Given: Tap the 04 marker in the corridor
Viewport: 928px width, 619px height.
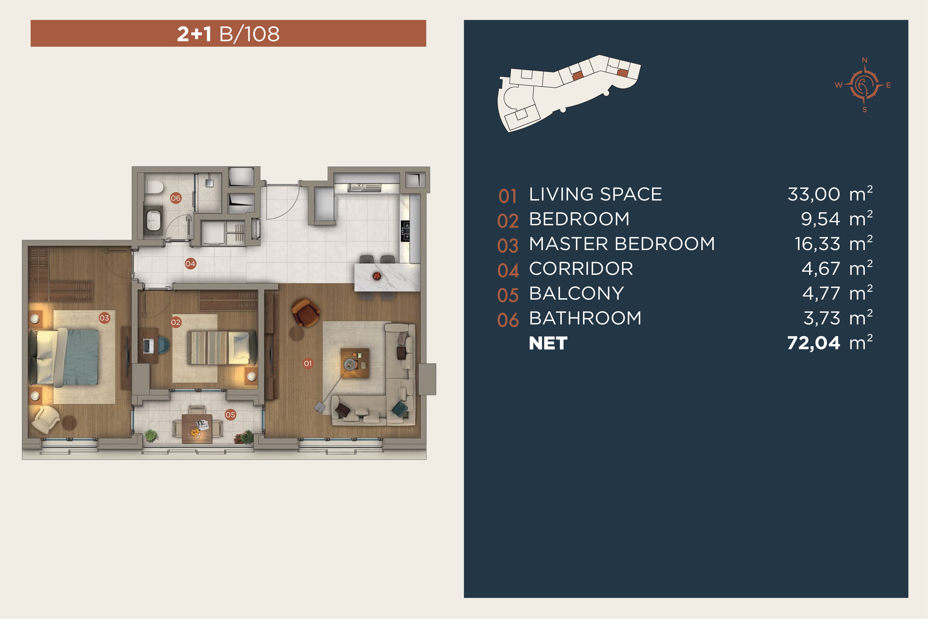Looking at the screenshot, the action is click(x=190, y=263).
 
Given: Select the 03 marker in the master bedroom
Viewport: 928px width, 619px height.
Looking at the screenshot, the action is click(x=104, y=318).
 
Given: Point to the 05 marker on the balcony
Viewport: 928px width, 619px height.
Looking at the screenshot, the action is click(x=230, y=415).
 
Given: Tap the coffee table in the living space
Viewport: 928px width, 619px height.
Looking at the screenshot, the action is click(x=355, y=363).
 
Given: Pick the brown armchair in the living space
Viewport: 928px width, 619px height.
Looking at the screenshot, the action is click(x=305, y=312).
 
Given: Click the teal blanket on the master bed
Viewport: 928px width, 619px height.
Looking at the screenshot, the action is click(x=82, y=357).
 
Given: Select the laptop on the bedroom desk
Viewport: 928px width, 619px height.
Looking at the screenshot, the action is click(x=148, y=346).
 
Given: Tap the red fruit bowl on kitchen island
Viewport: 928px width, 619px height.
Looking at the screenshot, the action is click(x=377, y=276).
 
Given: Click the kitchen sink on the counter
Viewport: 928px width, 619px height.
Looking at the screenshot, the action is click(x=364, y=187).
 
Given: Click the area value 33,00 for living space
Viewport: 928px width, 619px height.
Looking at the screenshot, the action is click(x=814, y=194).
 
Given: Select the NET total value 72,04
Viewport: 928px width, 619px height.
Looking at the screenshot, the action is click(x=814, y=343).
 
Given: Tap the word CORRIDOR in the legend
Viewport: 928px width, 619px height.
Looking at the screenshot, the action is click(x=581, y=269).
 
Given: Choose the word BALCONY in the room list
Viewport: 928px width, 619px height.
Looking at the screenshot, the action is click(x=576, y=293).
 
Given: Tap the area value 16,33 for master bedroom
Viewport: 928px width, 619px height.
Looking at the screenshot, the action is click(x=817, y=244).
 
